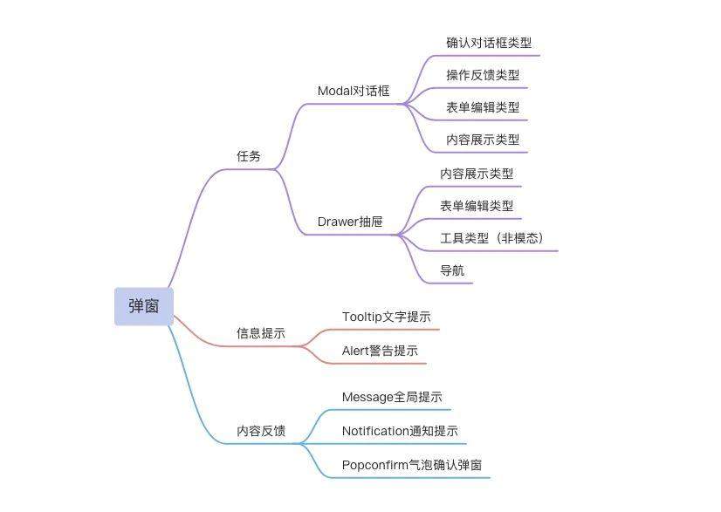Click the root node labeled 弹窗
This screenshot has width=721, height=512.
coord(144,306)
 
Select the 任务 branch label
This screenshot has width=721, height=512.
coord(249,156)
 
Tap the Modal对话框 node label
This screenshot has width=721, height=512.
coord(354,91)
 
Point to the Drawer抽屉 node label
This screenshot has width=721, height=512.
coord(350,222)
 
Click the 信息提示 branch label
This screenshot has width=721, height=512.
coord(261,333)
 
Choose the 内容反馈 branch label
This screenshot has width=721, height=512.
coord(261,431)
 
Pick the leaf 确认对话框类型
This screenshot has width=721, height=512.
coord(489,43)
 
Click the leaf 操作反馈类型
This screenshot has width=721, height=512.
coord(483,75)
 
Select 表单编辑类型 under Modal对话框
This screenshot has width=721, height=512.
coord(483,107)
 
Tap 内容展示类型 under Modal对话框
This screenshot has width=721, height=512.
coord(483,140)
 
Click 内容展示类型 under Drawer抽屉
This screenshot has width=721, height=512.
coord(477,174)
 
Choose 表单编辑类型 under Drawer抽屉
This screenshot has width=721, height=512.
coord(477,206)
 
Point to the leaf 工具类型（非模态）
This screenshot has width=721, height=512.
coord(492,238)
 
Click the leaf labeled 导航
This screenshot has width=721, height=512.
coord(452,270)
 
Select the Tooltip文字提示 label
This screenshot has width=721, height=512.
coord(387,317)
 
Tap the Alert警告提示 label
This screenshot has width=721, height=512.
coord(381,351)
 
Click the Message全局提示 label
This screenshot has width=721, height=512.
coord(392,397)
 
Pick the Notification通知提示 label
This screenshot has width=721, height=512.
coord(400,431)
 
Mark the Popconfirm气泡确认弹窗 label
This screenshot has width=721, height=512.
coord(412,465)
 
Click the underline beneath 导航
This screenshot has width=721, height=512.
coord(449,283)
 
